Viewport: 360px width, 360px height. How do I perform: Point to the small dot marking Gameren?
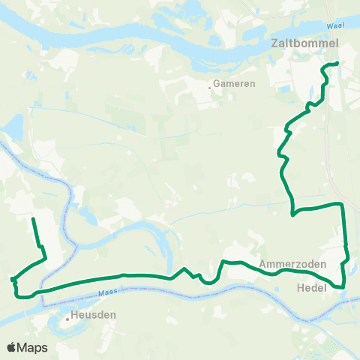pos(210,87)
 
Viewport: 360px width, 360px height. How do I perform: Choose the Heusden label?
pos(94,316)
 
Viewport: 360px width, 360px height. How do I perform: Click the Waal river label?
pos(334,27)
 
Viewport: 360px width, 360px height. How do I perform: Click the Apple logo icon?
pos(11,347)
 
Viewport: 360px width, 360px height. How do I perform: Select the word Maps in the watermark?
pos(32,347)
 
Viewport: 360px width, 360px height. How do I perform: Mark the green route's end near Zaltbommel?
pos(337,63)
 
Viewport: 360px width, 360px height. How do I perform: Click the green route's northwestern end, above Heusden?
pos(33,219)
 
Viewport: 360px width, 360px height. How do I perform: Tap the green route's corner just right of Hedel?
pos(343,286)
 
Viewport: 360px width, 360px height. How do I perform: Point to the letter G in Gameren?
pos(217,84)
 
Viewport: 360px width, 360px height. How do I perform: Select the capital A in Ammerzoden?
pos(263,265)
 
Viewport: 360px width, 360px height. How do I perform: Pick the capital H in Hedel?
pos(301,286)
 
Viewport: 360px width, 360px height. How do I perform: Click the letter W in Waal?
pos(329,27)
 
